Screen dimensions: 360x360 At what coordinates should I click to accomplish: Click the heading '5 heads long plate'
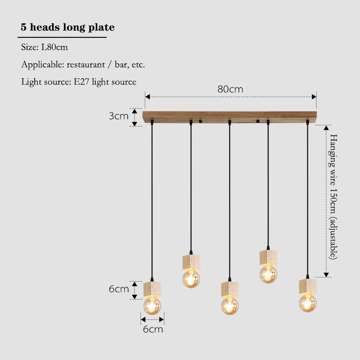67,27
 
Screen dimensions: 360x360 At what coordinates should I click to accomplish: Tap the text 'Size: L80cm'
44,47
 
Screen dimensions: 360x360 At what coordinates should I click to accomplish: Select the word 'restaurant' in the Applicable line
85,64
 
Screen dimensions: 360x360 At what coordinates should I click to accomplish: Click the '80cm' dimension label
230,89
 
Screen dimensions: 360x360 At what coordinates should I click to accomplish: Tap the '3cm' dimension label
118,116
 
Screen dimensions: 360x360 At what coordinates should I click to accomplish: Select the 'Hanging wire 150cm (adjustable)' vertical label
333,197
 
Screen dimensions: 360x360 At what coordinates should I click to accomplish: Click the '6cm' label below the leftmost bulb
153,329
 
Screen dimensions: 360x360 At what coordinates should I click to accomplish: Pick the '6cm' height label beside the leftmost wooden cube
119,289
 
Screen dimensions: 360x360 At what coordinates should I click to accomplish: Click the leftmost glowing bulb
152,305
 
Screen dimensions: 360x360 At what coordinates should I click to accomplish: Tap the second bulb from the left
191,279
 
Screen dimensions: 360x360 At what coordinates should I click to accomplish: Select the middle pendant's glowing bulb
230,306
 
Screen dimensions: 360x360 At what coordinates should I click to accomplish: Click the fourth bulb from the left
268,274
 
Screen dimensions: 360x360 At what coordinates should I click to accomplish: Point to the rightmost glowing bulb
308,303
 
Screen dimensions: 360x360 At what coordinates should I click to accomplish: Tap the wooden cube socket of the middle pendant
230,289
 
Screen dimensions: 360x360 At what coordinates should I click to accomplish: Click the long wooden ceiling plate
229,117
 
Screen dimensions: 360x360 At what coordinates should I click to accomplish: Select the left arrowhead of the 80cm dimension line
148,97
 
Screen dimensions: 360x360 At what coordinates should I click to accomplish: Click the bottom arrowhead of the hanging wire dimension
326,274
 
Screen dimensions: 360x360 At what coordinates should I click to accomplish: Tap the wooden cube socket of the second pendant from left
191,262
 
